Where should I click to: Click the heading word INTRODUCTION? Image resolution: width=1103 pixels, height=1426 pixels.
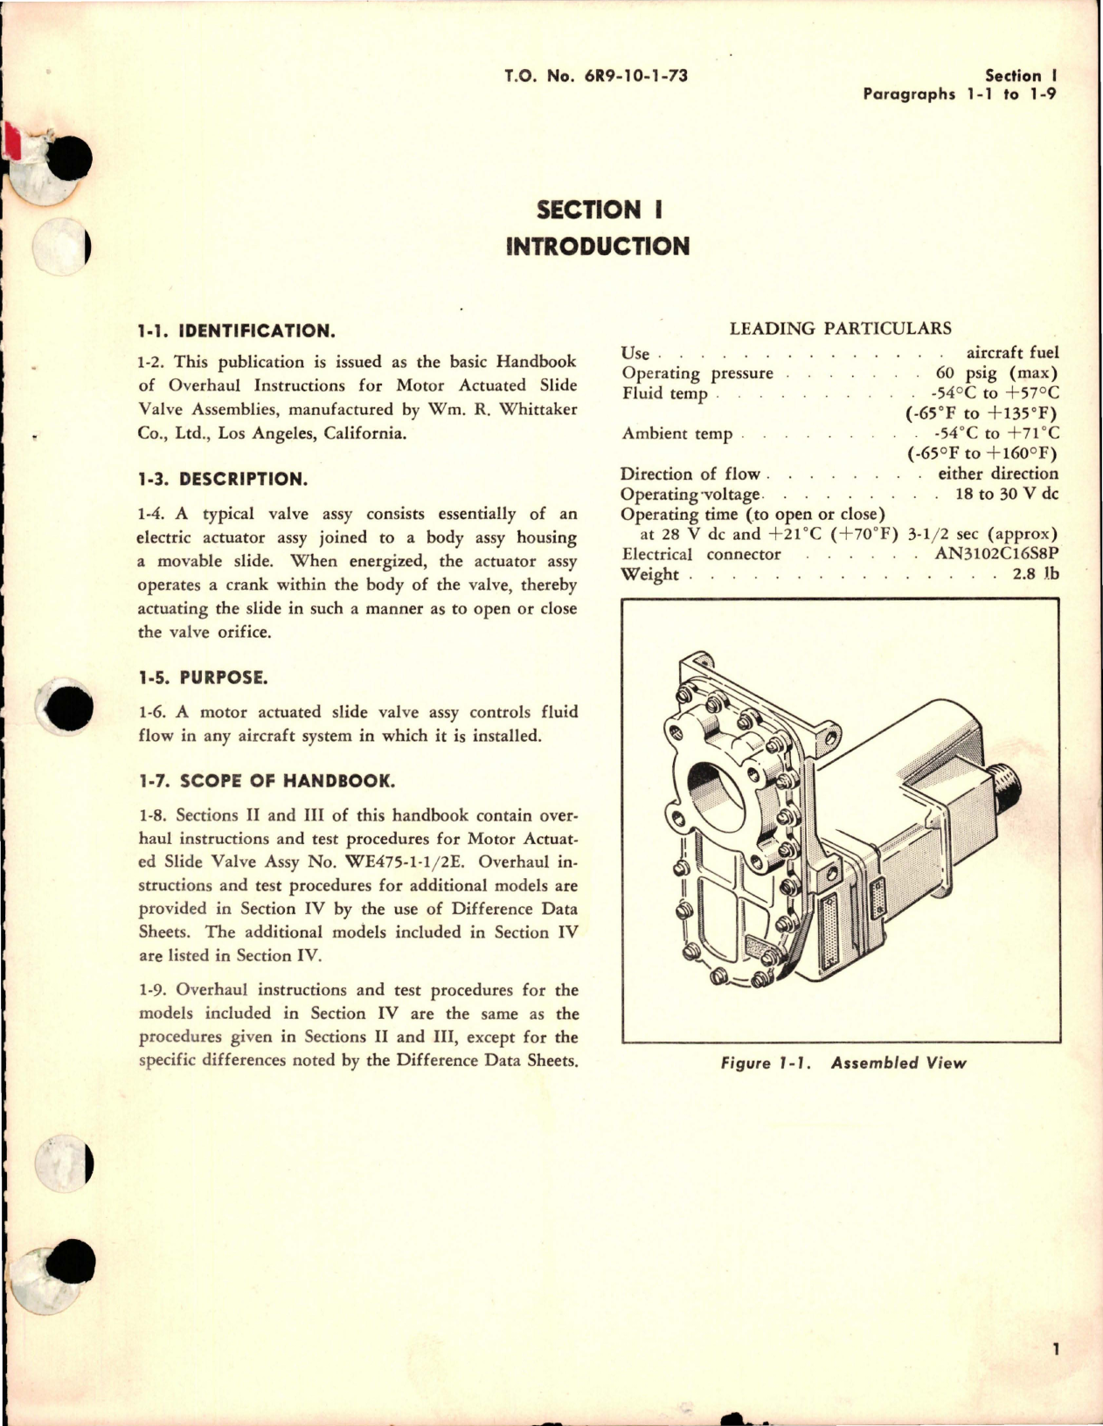click(x=598, y=246)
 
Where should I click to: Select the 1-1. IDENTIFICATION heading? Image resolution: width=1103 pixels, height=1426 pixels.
click(x=236, y=331)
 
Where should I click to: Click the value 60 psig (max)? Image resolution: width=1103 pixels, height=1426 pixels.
click(x=996, y=373)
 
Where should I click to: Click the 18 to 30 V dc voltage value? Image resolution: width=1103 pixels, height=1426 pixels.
click(x=1008, y=494)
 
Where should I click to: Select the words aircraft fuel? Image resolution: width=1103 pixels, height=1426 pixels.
click(x=1012, y=353)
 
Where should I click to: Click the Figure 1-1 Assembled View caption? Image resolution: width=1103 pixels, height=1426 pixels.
click(x=843, y=1063)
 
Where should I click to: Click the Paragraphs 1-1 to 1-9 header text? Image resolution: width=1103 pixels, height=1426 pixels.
click(x=960, y=94)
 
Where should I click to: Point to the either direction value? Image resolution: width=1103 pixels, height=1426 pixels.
click(x=998, y=474)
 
